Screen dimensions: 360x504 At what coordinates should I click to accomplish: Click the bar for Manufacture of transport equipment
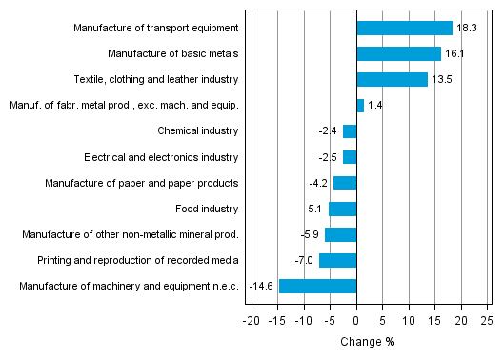tap(404, 28)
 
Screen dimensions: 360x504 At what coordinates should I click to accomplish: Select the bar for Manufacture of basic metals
tap(398, 53)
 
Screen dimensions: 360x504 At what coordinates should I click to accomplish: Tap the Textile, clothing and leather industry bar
tap(392, 79)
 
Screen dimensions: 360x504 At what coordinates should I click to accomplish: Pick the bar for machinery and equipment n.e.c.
tap(317, 286)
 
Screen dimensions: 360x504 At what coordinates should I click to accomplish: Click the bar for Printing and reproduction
tap(337, 260)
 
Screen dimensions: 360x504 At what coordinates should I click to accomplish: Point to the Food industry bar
tap(342, 209)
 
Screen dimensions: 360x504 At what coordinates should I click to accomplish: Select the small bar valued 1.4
tap(360, 105)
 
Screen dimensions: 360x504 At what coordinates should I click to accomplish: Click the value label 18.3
tap(467, 29)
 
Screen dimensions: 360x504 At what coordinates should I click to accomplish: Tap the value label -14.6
tap(261, 286)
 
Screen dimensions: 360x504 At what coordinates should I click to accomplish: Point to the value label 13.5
tap(442, 80)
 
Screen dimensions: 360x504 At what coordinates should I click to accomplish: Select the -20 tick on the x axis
tap(251, 321)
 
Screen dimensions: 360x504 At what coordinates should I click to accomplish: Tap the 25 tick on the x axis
tap(487, 321)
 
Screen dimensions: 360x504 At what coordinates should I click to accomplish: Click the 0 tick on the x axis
tap(356, 321)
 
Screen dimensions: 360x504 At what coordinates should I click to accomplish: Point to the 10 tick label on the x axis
tap(409, 321)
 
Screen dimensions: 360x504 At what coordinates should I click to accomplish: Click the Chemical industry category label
tap(198, 130)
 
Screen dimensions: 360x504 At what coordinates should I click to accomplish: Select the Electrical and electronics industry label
tap(161, 156)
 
